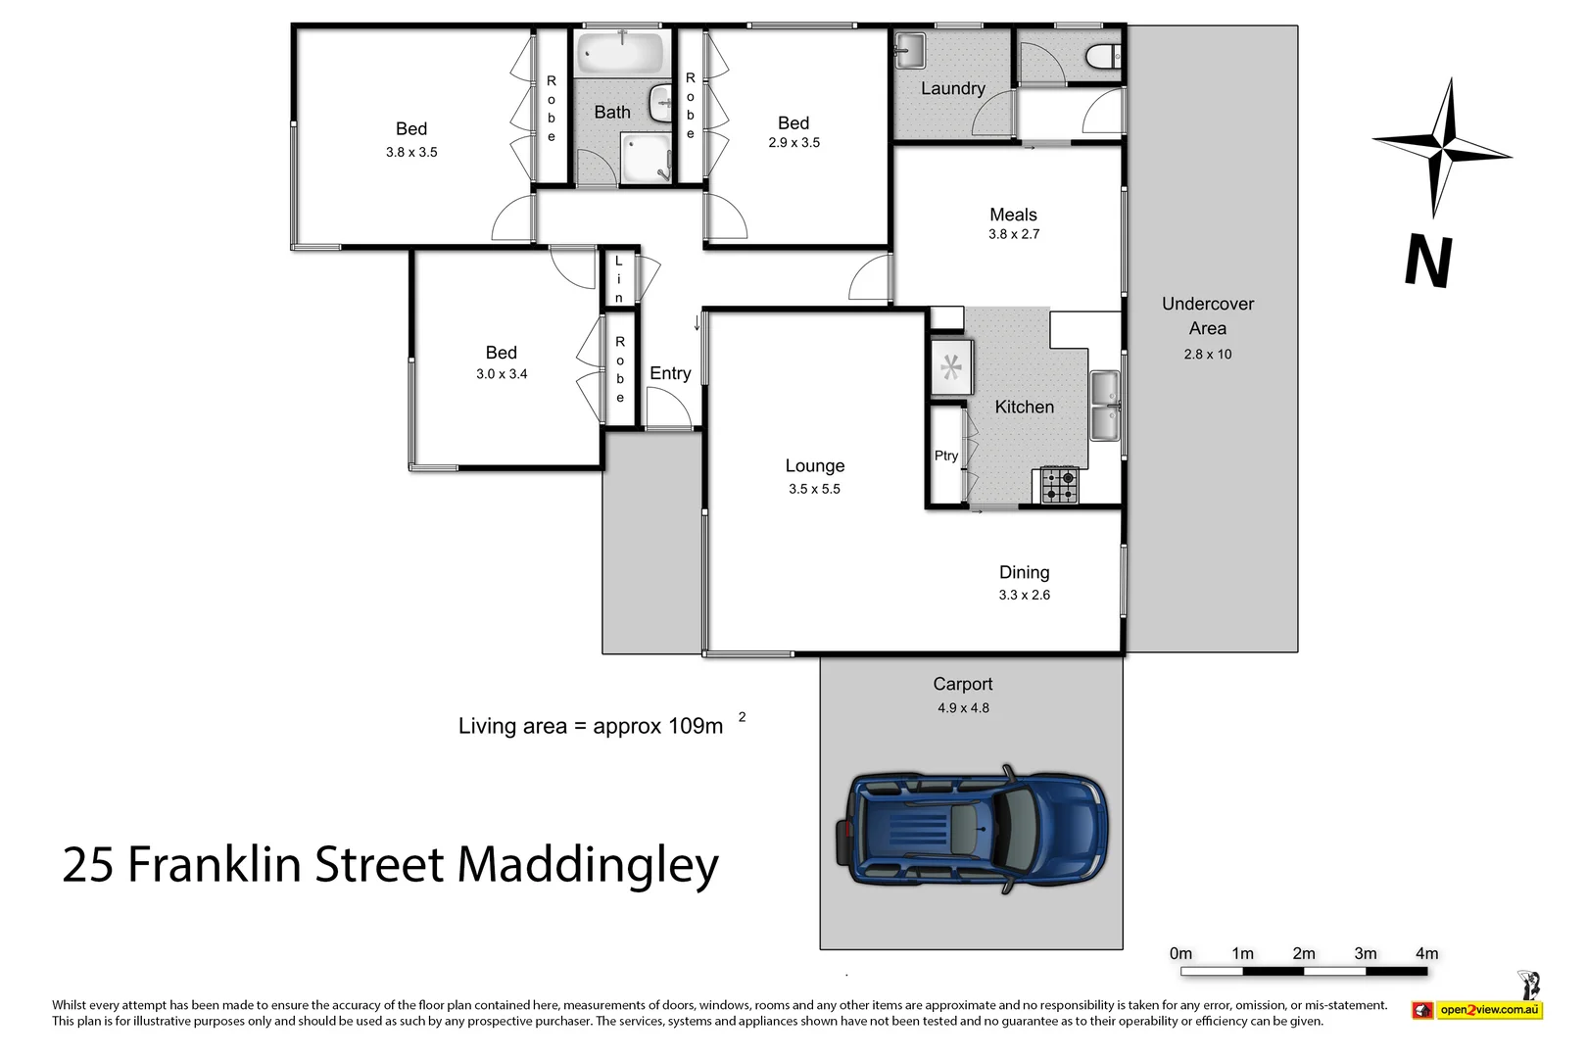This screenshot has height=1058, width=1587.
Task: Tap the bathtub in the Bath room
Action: click(x=620, y=55)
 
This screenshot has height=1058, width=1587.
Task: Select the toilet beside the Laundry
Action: click(x=1103, y=57)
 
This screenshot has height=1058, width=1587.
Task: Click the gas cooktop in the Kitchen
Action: click(x=1059, y=485)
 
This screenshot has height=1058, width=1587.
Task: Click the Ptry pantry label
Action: click(x=945, y=456)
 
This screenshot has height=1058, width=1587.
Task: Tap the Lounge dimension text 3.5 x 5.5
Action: click(x=814, y=489)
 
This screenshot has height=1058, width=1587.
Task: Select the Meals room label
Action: click(x=1013, y=215)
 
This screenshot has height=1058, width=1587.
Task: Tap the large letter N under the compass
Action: click(x=1428, y=262)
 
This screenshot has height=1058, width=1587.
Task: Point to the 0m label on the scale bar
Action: click(x=1180, y=953)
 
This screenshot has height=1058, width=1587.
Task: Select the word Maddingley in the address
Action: click(x=588, y=865)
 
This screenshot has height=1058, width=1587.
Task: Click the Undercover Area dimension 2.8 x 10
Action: click(x=1207, y=355)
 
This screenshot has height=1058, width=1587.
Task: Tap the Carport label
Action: click(x=962, y=684)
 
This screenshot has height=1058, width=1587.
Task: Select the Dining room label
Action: click(x=1024, y=572)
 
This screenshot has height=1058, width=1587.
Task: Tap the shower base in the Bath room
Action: click(x=646, y=159)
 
